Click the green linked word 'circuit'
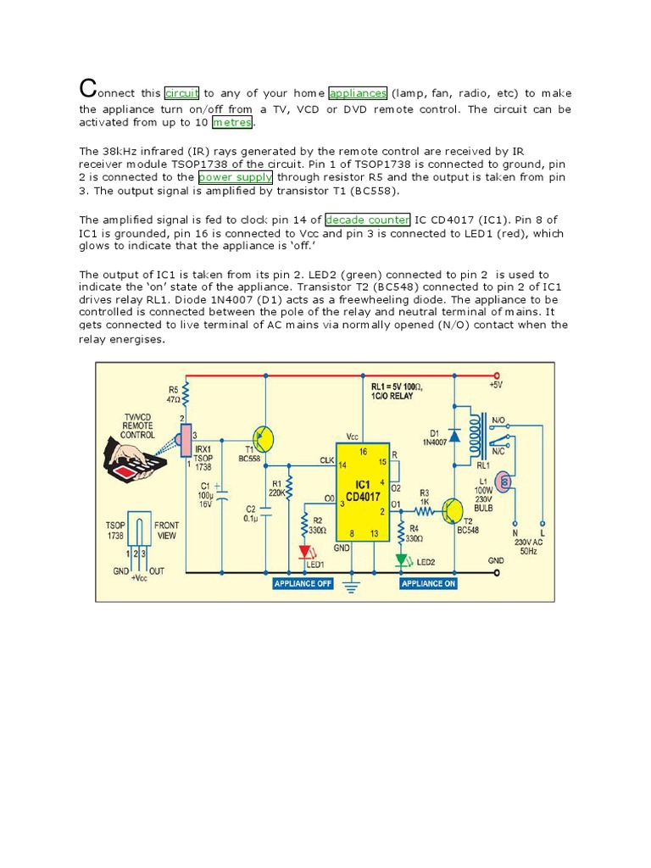pos(181,93)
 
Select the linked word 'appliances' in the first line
pos(358,93)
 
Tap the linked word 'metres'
pos(232,122)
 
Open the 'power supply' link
pos(236,178)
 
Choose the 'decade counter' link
pos(368,220)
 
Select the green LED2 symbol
pos(402,560)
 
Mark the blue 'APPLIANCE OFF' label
pos(303,584)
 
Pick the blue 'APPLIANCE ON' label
pos(428,584)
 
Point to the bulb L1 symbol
pos(506,482)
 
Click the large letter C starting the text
pos(86,88)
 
